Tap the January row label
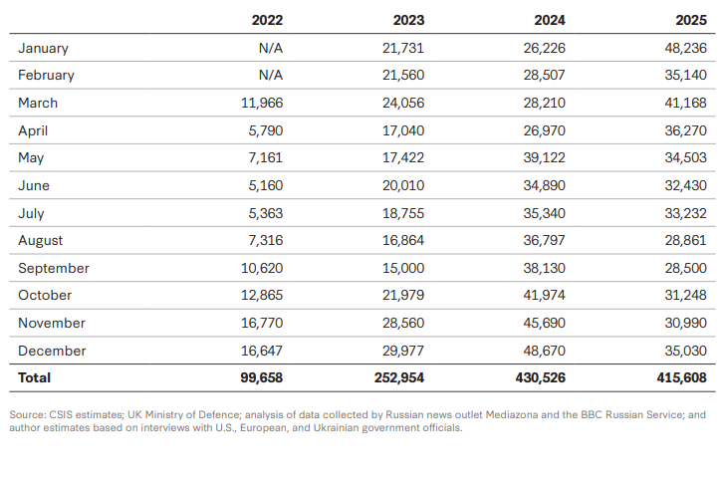43,48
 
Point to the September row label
54,268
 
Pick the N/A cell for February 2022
269,75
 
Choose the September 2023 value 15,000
403,268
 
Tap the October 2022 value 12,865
261,295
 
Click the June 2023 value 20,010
403,185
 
